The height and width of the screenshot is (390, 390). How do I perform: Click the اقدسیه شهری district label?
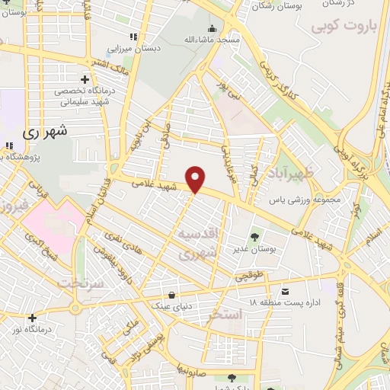point(201,242)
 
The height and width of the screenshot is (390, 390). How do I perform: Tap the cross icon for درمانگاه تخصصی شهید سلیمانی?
point(84,79)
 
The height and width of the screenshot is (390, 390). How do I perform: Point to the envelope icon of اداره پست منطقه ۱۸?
point(285,292)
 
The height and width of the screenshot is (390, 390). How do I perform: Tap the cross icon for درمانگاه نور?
point(31,318)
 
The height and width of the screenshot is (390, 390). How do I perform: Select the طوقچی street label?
point(251,278)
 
